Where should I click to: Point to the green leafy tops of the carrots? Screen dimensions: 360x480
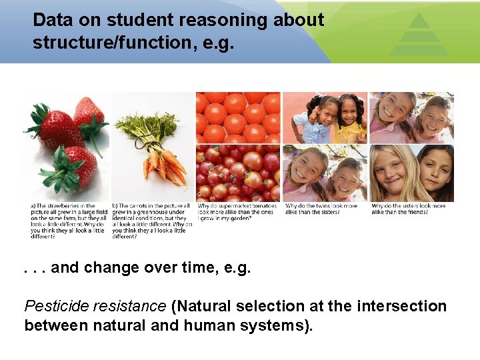point(151,127)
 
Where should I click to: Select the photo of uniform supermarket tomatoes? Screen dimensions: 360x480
point(237,117)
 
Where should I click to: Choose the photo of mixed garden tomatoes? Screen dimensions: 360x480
point(237,173)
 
